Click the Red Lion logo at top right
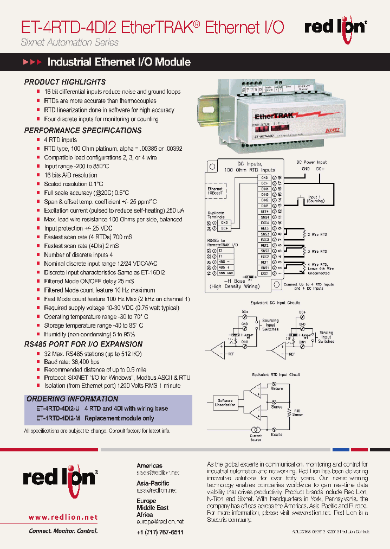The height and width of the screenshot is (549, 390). pyautogui.click(x=335, y=27)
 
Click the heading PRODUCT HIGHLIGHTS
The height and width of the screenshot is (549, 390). pyautogui.click(x=64, y=82)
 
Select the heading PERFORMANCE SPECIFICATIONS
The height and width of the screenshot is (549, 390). pyautogui.click(x=83, y=130)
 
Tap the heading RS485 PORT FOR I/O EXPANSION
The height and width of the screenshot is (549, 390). pyautogui.click(x=83, y=344)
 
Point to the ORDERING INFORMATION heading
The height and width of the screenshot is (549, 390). pyautogui.click(x=72, y=399)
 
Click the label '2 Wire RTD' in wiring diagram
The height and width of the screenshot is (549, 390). pyautogui.click(x=317, y=235)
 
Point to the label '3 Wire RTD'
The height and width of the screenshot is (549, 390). pyautogui.click(x=317, y=252)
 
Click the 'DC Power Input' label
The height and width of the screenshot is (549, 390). pyautogui.click(x=311, y=162)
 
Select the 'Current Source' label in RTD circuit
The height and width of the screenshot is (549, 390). pyautogui.click(x=256, y=437)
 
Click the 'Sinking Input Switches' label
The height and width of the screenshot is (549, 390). pyautogui.click(x=326, y=337)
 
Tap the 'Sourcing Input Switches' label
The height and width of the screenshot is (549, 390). pyautogui.click(x=270, y=324)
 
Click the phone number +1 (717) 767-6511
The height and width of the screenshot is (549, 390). pyautogui.click(x=160, y=532)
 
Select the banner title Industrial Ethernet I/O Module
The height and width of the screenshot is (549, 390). pyautogui.click(x=119, y=62)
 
